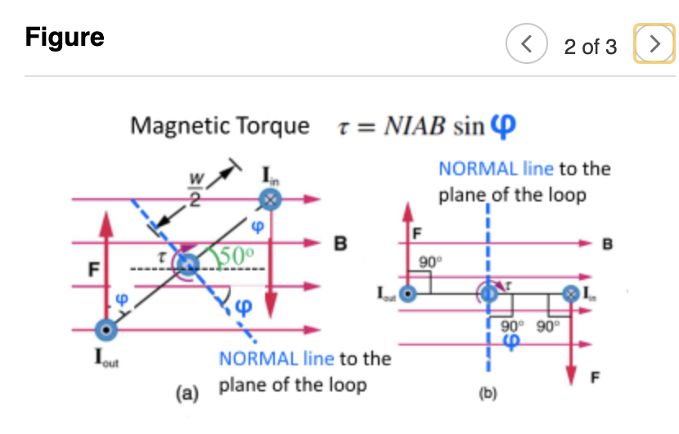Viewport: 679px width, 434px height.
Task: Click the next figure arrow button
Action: (654, 45)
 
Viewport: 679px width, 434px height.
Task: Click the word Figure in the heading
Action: (65, 38)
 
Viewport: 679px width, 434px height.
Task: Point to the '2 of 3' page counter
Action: (590, 47)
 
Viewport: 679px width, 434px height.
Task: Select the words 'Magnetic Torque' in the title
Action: (221, 126)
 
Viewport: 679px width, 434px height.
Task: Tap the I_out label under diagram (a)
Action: (105, 360)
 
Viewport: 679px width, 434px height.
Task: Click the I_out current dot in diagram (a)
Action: (105, 329)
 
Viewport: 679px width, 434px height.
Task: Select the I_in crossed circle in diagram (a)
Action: (270, 198)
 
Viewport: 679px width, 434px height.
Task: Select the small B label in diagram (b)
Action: (607, 243)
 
